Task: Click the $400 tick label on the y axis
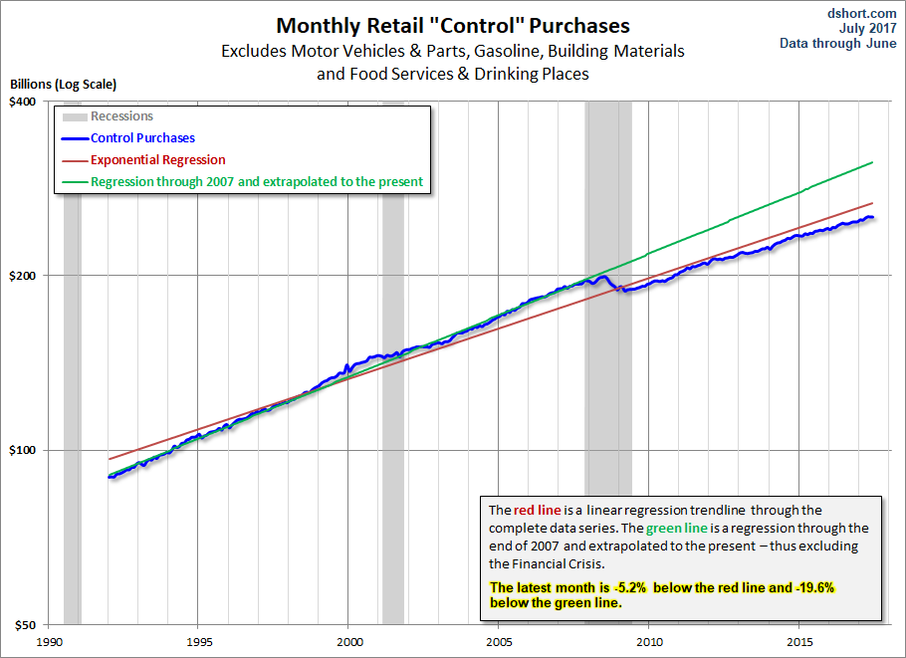pos(23,102)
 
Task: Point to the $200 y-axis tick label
pos(23,276)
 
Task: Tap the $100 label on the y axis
pos(23,450)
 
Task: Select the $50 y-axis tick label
pos(26,625)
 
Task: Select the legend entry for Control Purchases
pos(142,138)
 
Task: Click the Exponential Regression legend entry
pos(157,159)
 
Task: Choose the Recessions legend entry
pos(121,116)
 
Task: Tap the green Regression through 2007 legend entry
pos(256,182)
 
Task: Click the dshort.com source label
pos(863,13)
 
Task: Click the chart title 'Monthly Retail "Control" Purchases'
pos(453,25)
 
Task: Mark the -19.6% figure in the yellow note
pos(813,588)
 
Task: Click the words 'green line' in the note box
pos(678,528)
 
